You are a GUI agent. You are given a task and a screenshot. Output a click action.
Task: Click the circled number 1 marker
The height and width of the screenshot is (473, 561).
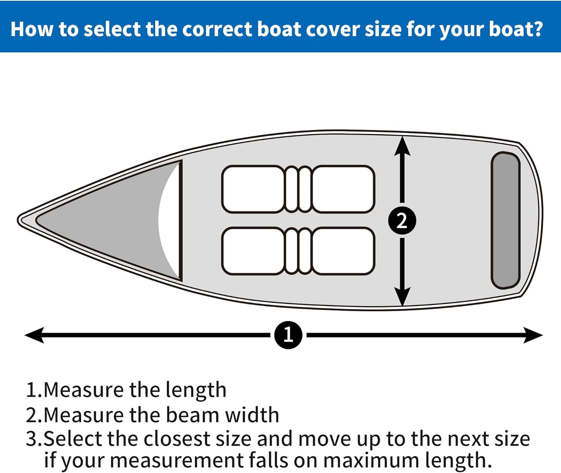click(x=288, y=335)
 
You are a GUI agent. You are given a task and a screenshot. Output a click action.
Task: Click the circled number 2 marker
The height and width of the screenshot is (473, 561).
click(x=402, y=221)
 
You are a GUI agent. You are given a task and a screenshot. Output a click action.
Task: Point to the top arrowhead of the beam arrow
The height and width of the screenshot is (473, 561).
click(x=402, y=146)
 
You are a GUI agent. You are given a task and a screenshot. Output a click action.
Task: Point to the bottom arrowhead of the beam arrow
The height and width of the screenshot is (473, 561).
click(x=402, y=297)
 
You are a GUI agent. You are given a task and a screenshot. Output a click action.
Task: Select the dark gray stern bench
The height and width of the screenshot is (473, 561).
click(x=505, y=220)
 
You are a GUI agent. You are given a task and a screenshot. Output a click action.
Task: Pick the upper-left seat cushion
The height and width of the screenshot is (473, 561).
click(x=253, y=189)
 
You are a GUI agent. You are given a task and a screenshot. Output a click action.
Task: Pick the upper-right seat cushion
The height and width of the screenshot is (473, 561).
click(x=343, y=189)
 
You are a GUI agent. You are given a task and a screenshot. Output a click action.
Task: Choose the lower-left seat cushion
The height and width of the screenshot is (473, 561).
click(x=253, y=251)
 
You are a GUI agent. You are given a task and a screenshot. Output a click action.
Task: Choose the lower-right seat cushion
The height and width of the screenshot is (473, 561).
click(x=343, y=251)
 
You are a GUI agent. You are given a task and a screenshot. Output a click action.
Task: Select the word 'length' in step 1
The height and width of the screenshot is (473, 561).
click(x=196, y=390)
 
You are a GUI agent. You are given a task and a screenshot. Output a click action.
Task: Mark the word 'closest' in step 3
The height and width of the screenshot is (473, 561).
click(x=177, y=439)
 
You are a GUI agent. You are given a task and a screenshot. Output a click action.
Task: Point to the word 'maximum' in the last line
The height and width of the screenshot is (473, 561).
click(x=371, y=461)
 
